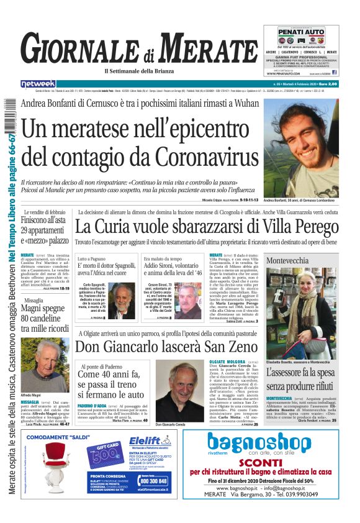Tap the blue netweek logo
coord(38,83)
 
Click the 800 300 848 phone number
coord(153,481)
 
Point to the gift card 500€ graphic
coord(102,456)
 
